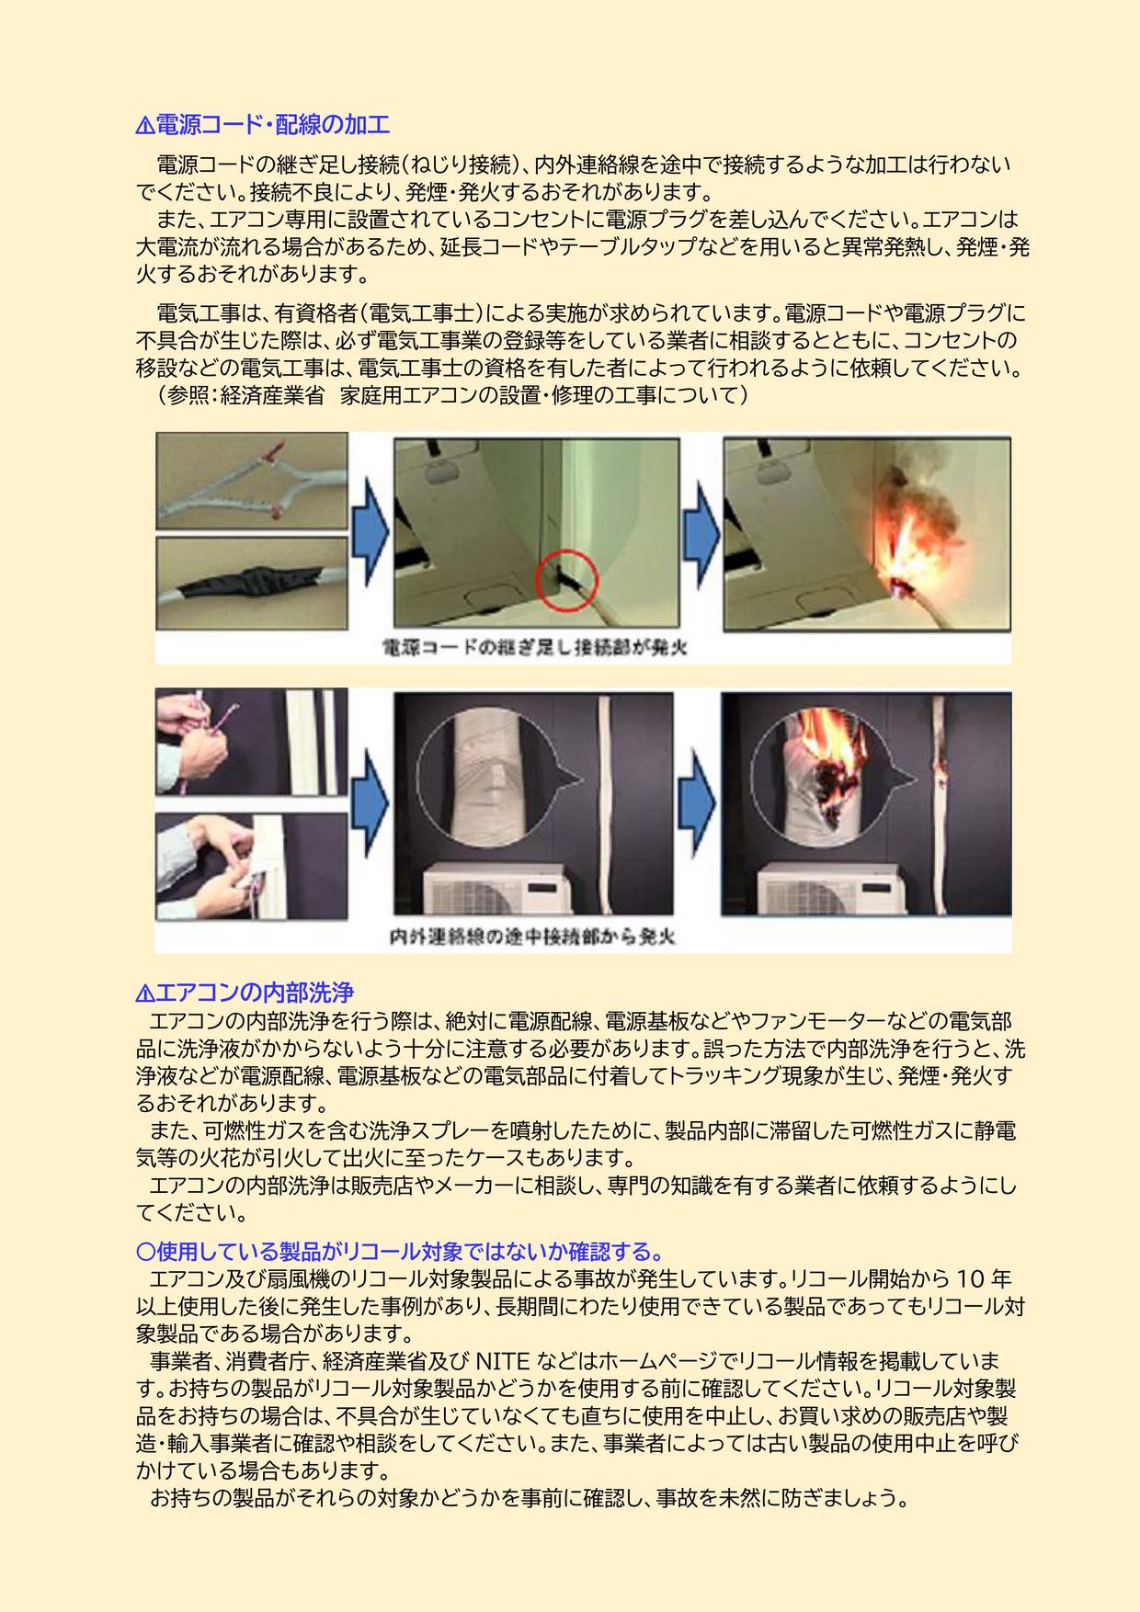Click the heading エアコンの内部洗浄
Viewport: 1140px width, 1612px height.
(x=255, y=993)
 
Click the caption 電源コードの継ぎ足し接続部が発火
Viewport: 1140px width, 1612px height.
(x=535, y=648)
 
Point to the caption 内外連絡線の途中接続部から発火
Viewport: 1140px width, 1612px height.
(x=533, y=937)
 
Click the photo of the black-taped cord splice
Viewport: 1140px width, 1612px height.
(x=251, y=585)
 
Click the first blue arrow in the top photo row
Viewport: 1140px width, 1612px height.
(x=370, y=533)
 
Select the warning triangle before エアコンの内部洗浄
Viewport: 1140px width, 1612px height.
(x=144, y=993)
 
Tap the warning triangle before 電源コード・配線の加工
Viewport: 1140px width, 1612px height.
(x=144, y=125)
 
